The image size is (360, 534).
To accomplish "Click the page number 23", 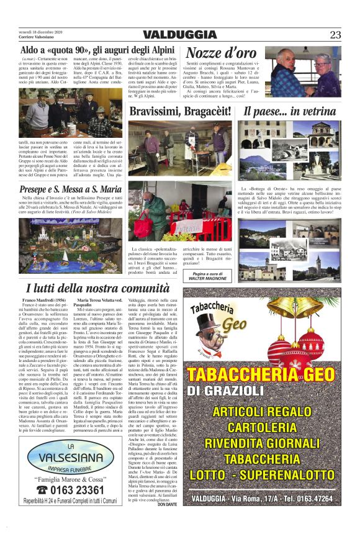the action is pos(336,35).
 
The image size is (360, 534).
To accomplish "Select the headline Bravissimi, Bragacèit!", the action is pos(180,112).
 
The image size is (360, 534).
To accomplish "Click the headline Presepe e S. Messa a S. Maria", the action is pos(70,189).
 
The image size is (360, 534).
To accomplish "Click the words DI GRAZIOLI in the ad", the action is pos(222,391).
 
